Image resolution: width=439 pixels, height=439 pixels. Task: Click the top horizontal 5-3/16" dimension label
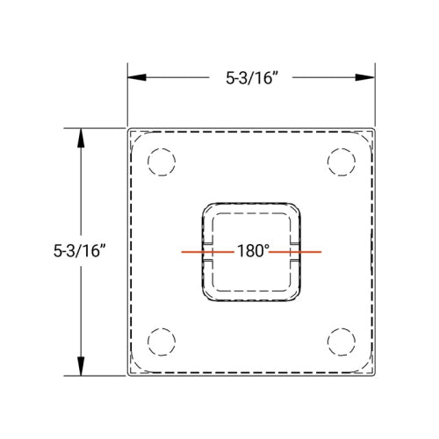252,77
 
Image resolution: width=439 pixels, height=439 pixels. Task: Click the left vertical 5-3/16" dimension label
79,250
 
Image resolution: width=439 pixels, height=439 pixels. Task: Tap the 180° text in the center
252,251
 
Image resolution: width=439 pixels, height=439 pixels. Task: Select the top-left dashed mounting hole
161,162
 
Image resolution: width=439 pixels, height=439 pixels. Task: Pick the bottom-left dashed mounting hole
161,341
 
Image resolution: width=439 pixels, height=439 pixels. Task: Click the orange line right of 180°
296,252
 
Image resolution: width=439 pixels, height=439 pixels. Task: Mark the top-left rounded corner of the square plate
132,133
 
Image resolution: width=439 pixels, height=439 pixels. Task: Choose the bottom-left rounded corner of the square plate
132,373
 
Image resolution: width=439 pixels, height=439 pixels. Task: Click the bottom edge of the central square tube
252,300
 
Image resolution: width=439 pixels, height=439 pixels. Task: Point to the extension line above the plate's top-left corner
128,97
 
